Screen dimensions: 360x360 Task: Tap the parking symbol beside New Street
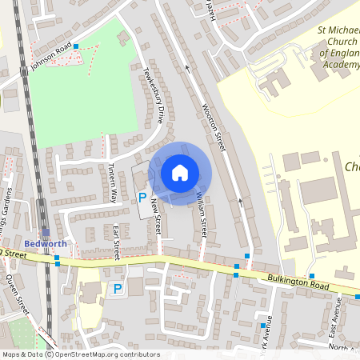tap(143, 197)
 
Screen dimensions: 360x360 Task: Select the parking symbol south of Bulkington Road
tap(118, 289)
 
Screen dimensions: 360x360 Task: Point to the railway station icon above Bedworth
tap(46, 233)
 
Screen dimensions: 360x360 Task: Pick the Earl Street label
tap(116, 242)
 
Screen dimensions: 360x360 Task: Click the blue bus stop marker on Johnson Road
tap(76, 47)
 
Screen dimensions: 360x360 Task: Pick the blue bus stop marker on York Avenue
tap(262, 326)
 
